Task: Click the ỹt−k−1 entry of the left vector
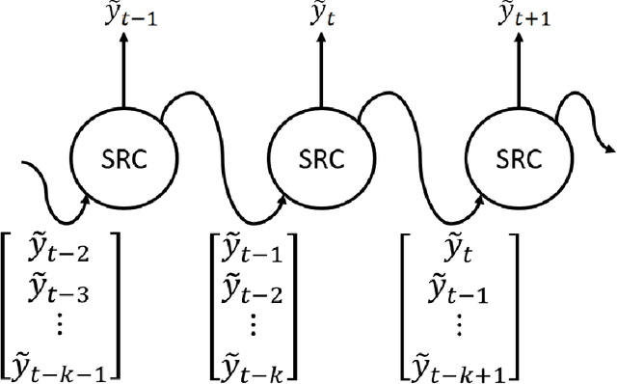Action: [66, 365]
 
